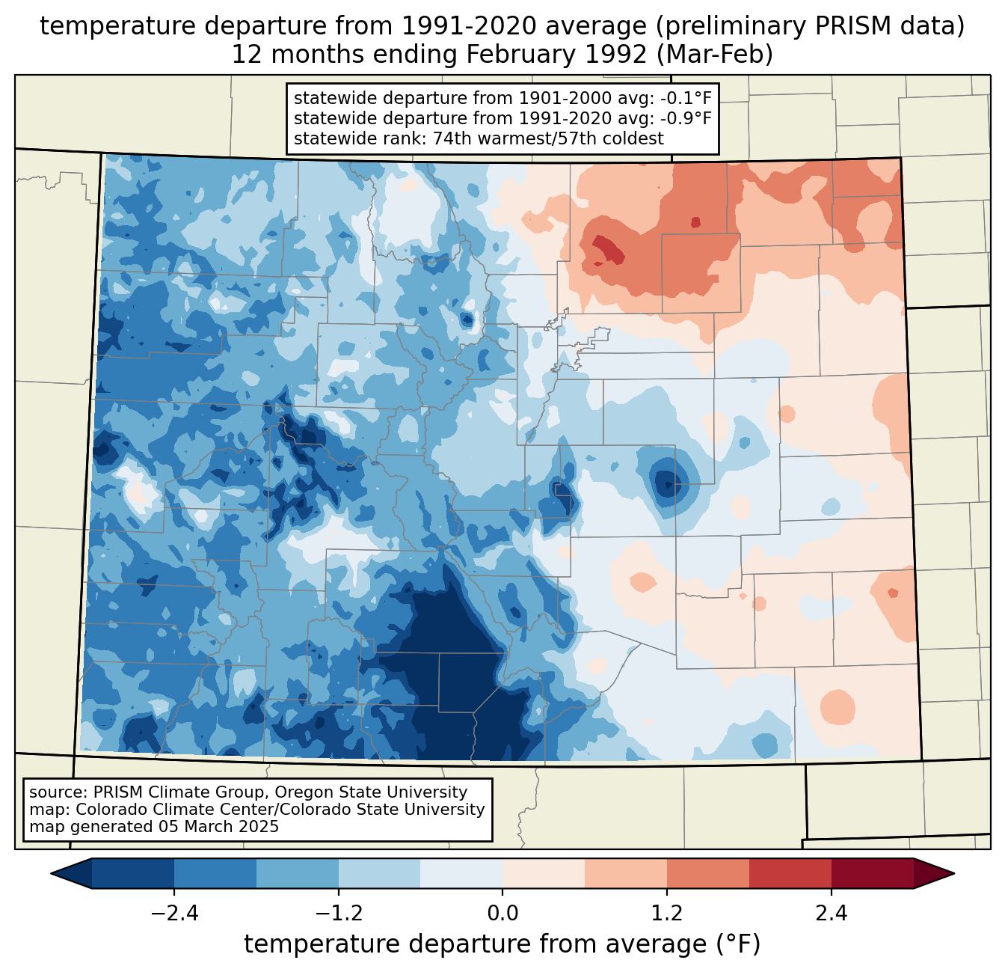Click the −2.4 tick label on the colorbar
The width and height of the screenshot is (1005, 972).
174,913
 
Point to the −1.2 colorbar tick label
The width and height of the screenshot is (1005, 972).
339,913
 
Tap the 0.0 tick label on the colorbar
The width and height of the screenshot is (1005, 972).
502,913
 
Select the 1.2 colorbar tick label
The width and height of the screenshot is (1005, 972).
667,913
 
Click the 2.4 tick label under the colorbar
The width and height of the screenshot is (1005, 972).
831,913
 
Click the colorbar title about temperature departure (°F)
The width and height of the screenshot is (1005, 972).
502,944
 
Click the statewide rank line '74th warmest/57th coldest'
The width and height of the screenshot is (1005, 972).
479,138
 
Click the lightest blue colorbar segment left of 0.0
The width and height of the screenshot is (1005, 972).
461,873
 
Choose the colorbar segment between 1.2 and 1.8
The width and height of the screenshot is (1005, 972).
708,873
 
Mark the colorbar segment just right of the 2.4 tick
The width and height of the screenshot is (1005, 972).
872,873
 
